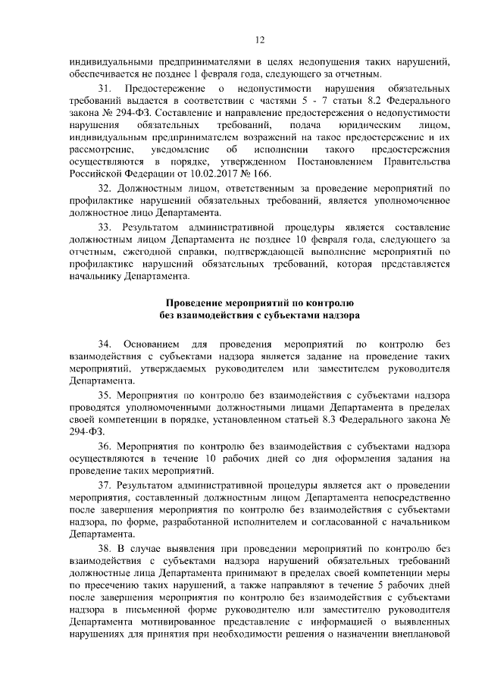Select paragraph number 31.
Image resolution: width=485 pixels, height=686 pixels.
coord(105,90)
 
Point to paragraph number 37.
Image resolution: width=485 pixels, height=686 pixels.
coord(105,484)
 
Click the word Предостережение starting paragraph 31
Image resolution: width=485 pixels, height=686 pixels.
coord(164,90)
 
